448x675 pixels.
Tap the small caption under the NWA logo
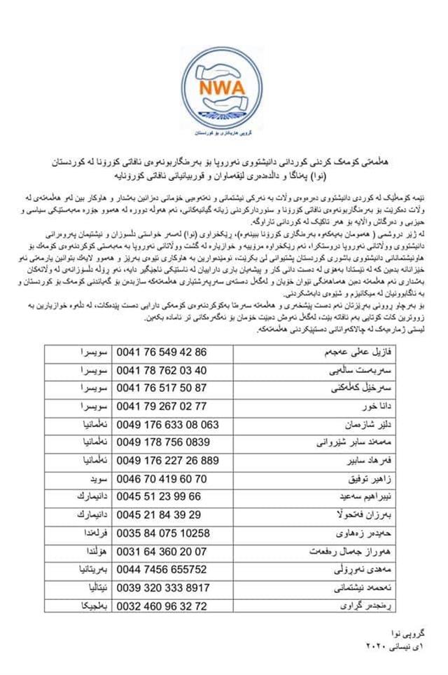tap(225, 132)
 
